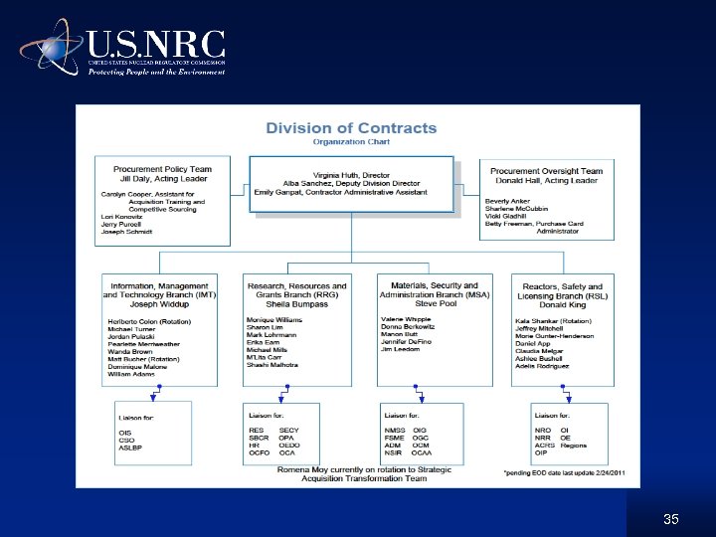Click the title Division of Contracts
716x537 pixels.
pyautogui.click(x=351, y=127)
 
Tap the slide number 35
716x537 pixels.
pyautogui.click(x=670, y=520)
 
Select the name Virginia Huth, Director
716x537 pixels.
pyautogui.click(x=352, y=174)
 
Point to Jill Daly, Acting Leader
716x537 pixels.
pyautogui.click(x=163, y=179)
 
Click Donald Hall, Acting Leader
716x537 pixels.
pyautogui.click(x=547, y=180)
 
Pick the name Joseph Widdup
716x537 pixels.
pyautogui.click(x=160, y=304)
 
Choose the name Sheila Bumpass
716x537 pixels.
pyautogui.click(x=296, y=304)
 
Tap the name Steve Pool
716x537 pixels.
pyautogui.click(x=434, y=304)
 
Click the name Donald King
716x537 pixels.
pyautogui.click(x=562, y=305)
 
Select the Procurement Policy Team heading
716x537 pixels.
pyautogui.click(x=163, y=170)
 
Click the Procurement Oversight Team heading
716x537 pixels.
pyautogui.click(x=547, y=171)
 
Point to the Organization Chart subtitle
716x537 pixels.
pyautogui.click(x=351, y=142)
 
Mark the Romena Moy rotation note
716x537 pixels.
pyautogui.click(x=351, y=473)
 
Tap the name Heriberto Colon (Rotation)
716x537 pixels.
pyautogui.click(x=149, y=322)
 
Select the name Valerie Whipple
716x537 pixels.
pyautogui.click(x=407, y=319)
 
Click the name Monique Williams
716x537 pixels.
pyautogui.click(x=274, y=319)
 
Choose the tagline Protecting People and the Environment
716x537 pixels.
pyautogui.click(x=157, y=72)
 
